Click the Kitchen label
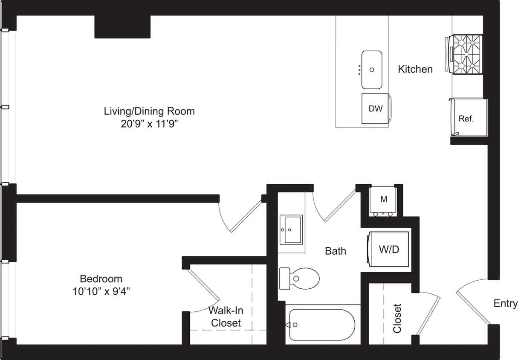[x=415, y=69]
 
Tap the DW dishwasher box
[x=375, y=108]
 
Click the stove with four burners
[x=467, y=54]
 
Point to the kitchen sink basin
[x=372, y=70]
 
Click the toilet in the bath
[x=301, y=279]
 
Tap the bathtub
[x=322, y=325]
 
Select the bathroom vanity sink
[x=291, y=229]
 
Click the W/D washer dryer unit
[x=389, y=250]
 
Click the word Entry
[x=505, y=303]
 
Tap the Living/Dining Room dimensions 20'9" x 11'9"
[x=149, y=124]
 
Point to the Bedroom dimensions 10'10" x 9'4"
[x=101, y=291]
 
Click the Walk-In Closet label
[x=226, y=317]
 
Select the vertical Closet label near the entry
[x=397, y=318]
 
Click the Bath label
[x=336, y=251]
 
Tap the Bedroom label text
[x=101, y=279]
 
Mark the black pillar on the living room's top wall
[x=122, y=27]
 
